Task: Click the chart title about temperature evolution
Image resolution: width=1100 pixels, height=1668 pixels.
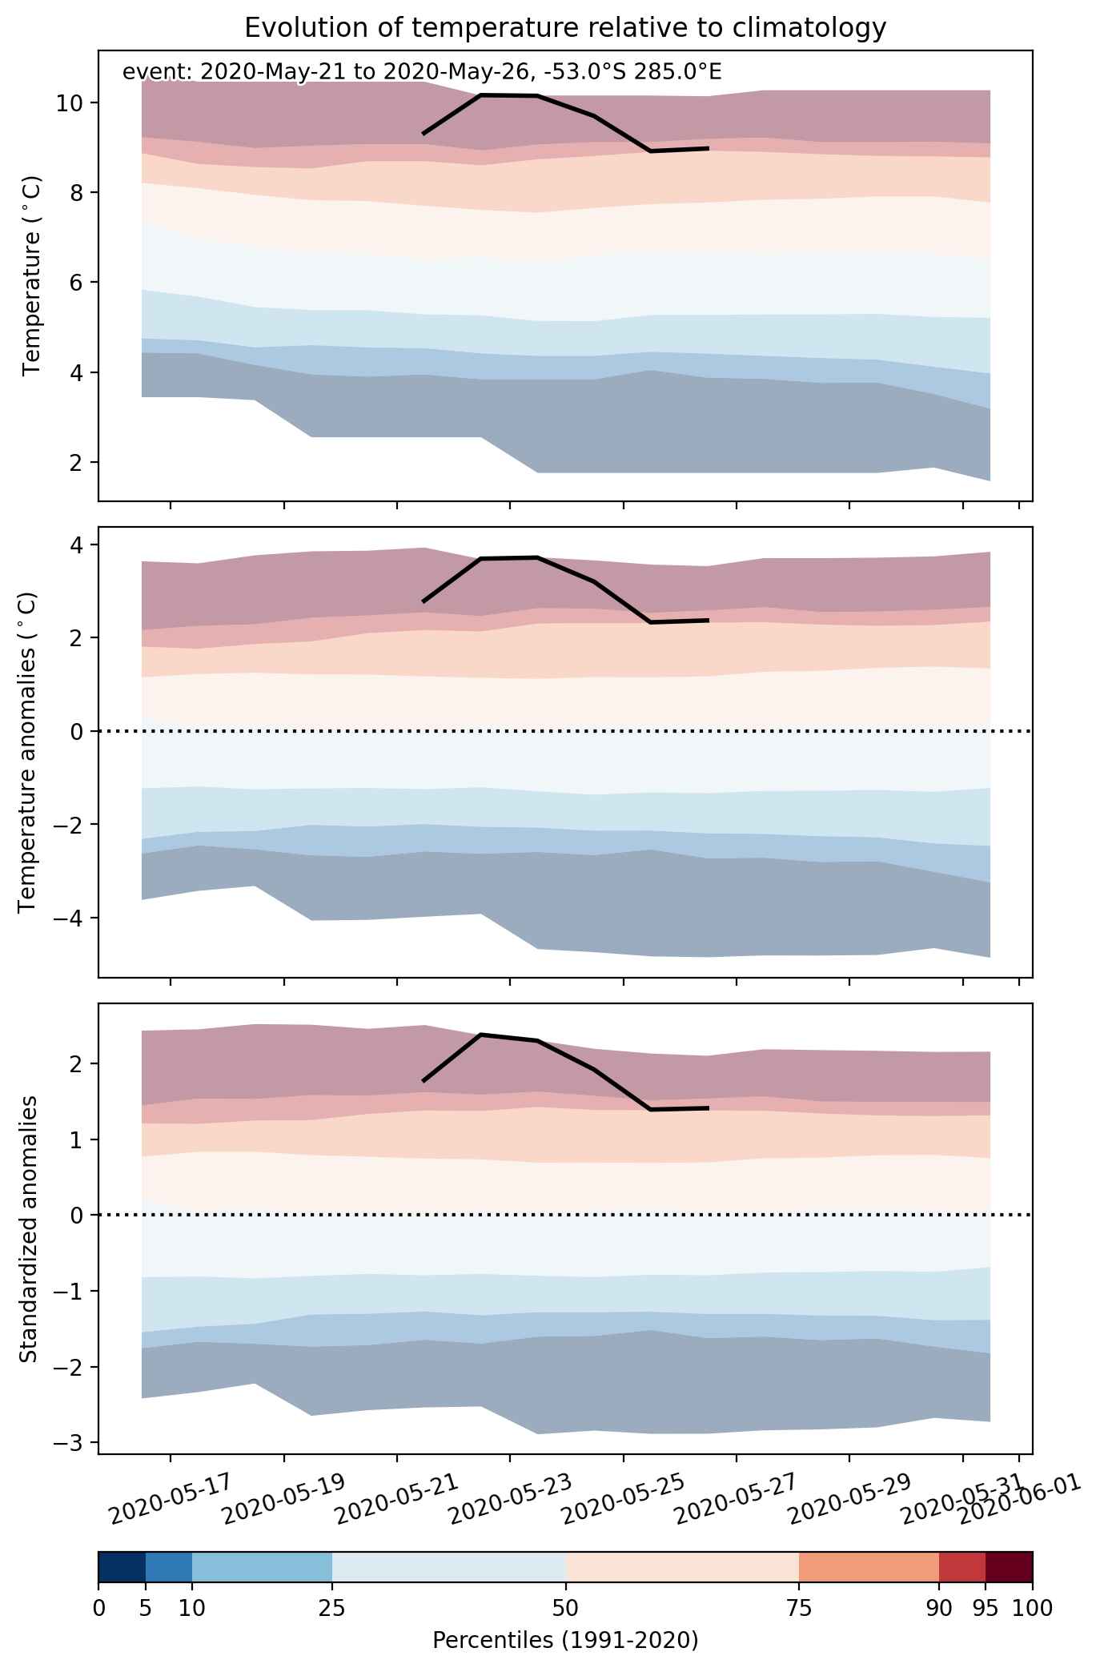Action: (x=565, y=28)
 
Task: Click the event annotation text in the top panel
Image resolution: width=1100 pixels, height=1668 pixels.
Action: (x=422, y=72)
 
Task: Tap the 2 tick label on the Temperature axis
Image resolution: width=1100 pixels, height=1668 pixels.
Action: (x=79, y=462)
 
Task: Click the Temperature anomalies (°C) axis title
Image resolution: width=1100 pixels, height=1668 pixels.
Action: (x=27, y=752)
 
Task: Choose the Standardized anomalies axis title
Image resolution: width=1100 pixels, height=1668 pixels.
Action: (x=28, y=1228)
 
